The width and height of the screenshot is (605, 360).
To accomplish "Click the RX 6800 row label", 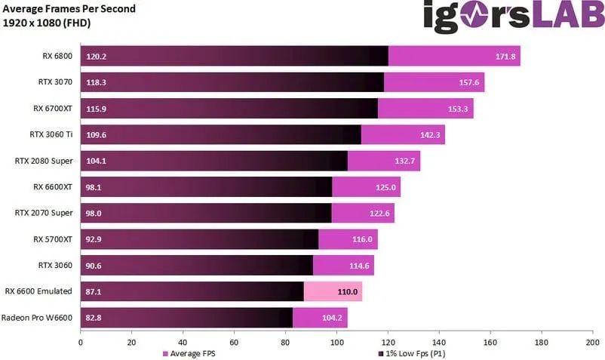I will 58,56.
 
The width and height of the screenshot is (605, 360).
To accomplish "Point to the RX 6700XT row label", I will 53,108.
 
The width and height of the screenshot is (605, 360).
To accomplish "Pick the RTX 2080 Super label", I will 44,160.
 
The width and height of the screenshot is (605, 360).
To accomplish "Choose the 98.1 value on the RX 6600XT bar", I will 94,187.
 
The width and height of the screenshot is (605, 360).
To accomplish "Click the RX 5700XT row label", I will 53,238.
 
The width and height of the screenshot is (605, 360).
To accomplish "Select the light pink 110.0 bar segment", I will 333,291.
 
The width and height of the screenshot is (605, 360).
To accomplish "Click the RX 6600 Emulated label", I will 38,291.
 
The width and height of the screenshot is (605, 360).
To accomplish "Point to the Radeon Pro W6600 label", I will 37,317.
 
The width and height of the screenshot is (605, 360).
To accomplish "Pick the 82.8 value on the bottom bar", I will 94,318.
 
